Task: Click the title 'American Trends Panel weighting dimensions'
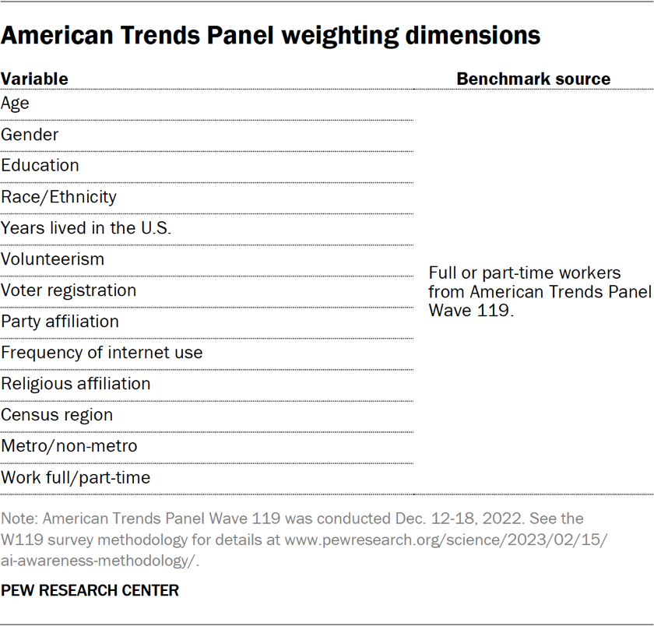point(271,35)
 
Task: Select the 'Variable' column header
point(34,79)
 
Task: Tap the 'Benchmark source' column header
point(533,79)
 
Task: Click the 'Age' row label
point(15,103)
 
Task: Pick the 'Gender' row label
point(30,135)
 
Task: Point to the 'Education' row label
point(40,166)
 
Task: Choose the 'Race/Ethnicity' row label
point(58,197)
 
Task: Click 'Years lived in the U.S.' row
point(86,228)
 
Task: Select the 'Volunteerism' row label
point(52,259)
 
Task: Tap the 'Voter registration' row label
point(69,290)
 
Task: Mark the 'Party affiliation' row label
point(60,322)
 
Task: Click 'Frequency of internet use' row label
point(101,353)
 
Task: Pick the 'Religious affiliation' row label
point(76,384)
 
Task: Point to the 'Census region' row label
point(57,415)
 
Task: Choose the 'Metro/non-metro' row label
point(69,446)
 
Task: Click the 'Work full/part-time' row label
point(76,477)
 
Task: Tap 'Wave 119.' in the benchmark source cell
point(471,309)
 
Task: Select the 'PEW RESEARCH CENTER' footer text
point(90,591)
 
